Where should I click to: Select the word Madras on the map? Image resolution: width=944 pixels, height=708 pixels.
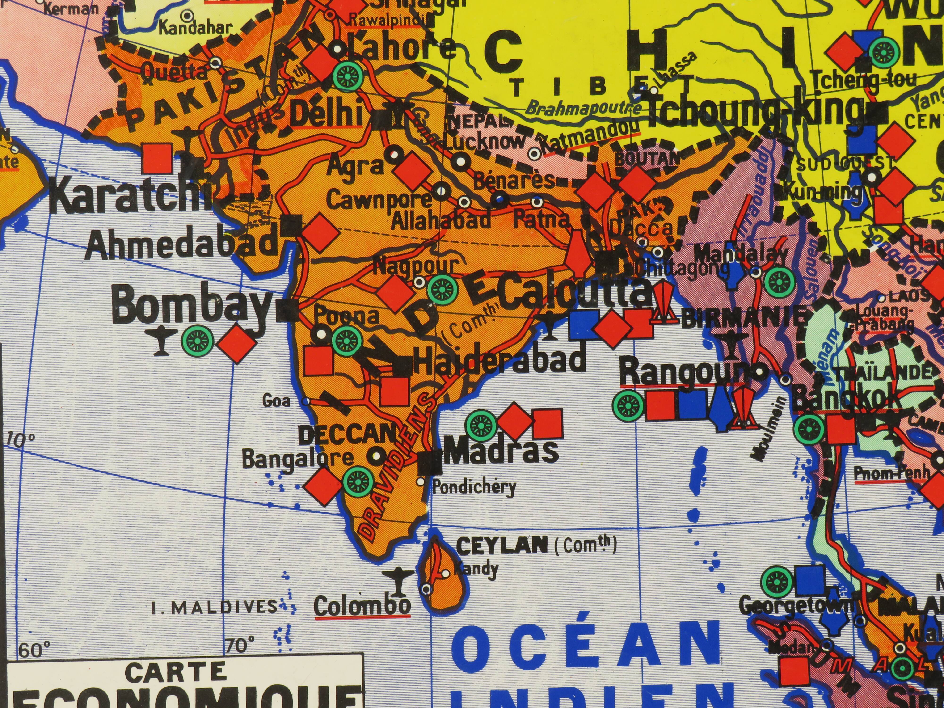501,451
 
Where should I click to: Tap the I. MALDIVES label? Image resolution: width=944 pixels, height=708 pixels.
215,607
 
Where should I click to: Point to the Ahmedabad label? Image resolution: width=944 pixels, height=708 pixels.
182,244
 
